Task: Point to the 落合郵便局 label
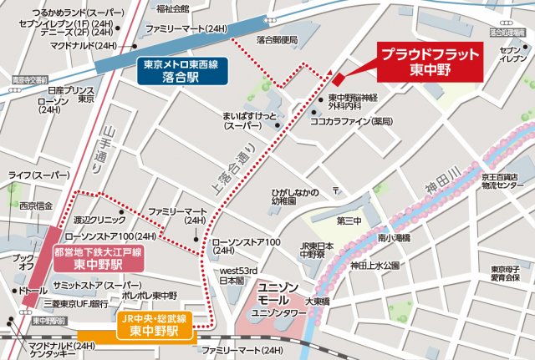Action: tap(277, 39)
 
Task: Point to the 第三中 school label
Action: tap(349, 221)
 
